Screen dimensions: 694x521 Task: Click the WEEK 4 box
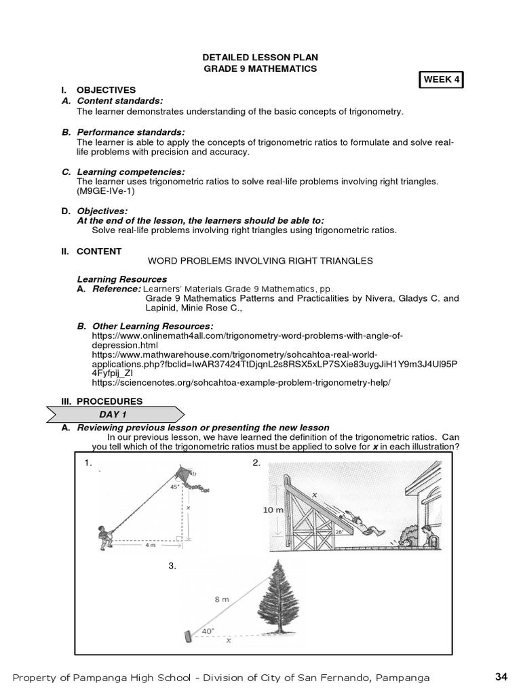[x=442, y=79]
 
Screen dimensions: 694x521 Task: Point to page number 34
[x=501, y=676]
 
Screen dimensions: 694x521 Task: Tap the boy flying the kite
[x=107, y=533]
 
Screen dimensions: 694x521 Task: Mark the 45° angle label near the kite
[x=174, y=486]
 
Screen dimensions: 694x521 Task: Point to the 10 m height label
[x=273, y=510]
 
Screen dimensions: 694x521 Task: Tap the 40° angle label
[x=208, y=631]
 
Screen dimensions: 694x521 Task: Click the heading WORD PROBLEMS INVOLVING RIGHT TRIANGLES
[x=260, y=261]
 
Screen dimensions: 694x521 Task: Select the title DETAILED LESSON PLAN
[x=260, y=58]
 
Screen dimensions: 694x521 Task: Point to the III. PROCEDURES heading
[x=102, y=401]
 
